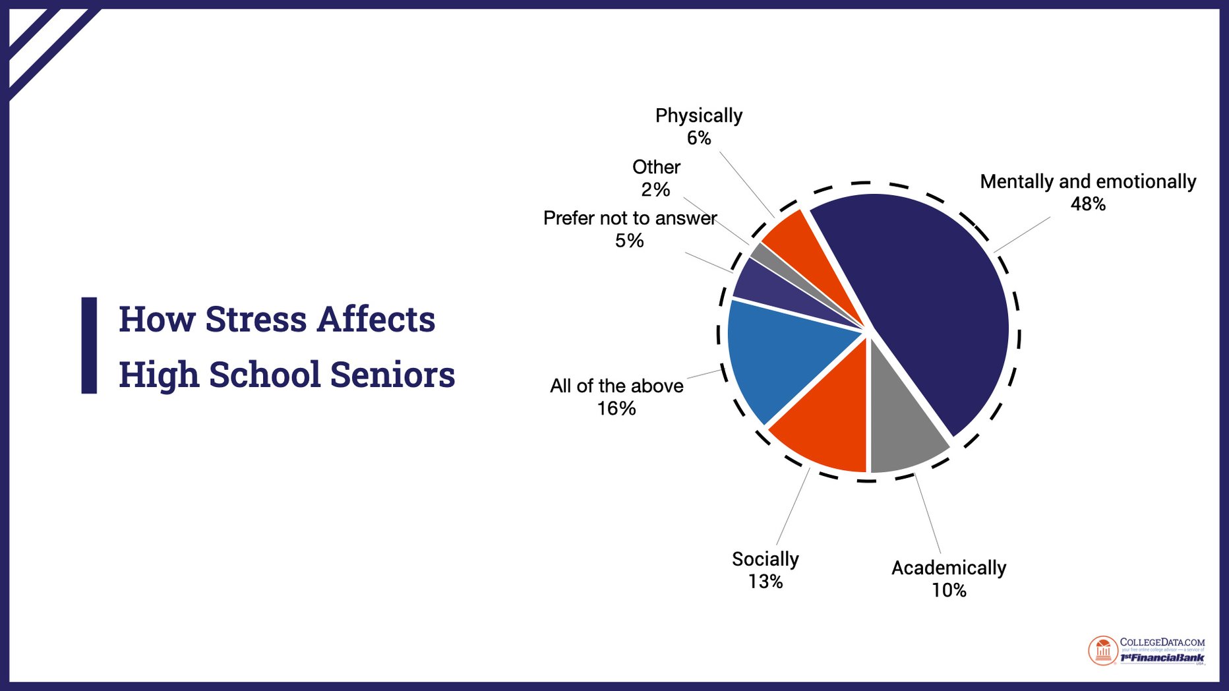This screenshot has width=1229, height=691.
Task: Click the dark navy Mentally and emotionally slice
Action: (936, 310)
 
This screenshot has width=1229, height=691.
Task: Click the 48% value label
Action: (1088, 204)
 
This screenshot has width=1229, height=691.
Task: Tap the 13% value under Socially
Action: (765, 582)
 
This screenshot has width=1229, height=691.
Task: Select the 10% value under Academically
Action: (949, 590)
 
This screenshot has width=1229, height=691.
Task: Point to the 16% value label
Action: (616, 409)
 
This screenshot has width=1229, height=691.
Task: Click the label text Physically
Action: (699, 116)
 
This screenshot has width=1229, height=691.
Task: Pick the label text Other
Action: (656, 167)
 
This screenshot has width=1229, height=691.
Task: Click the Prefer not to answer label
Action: (630, 218)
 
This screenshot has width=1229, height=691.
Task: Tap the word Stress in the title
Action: (256, 320)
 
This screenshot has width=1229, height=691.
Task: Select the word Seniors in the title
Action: (392, 375)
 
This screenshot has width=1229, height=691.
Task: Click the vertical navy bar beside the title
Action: (89, 345)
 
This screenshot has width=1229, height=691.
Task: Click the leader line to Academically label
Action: (928, 514)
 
